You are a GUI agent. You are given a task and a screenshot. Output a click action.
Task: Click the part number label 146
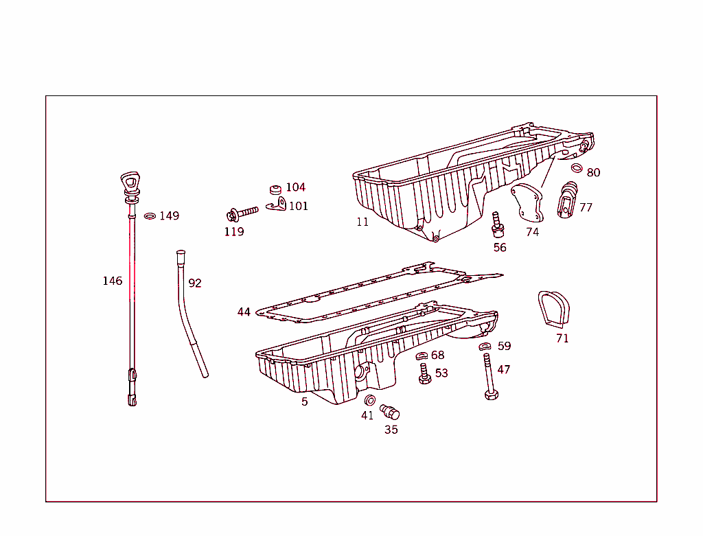[x=113, y=281]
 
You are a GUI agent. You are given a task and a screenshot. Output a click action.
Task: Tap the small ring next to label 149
[x=150, y=216]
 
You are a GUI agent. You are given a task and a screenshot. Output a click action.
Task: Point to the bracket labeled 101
[x=277, y=205]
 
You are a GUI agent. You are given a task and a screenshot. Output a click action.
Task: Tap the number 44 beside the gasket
[x=244, y=312]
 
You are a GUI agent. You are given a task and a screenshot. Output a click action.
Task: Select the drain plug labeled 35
[x=391, y=412]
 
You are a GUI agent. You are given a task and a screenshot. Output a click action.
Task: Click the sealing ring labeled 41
[x=369, y=401]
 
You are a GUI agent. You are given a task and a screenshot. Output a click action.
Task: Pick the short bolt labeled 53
[x=424, y=374]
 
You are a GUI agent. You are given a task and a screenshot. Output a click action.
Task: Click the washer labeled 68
[x=422, y=356]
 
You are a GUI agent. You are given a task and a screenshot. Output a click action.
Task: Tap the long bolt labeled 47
[x=489, y=377]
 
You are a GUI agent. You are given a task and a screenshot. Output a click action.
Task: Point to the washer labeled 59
[x=485, y=347]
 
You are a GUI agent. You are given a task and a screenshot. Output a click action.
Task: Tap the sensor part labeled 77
[x=568, y=200]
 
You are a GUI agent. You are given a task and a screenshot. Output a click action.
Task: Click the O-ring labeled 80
[x=577, y=169]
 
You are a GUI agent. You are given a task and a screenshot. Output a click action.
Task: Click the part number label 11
[x=362, y=222]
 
